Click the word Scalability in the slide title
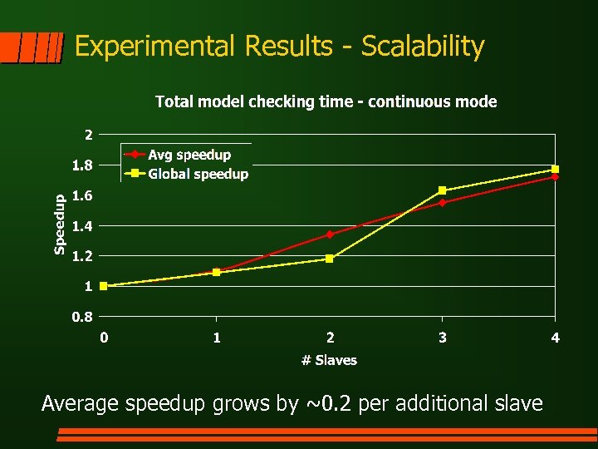423,47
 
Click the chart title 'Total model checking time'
326,102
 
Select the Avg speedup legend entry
189,155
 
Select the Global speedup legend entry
198,174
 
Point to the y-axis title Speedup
59,224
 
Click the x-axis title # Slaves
329,360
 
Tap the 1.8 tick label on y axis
82,165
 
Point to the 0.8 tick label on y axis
82,316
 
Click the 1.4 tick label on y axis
82,226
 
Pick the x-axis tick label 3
442,338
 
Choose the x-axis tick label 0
104,338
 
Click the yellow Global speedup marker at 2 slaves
330,259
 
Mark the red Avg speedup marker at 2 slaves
330,234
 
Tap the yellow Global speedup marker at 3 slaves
442,190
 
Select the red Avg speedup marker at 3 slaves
442,202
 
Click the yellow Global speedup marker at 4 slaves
555,169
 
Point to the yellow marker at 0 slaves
104,286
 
